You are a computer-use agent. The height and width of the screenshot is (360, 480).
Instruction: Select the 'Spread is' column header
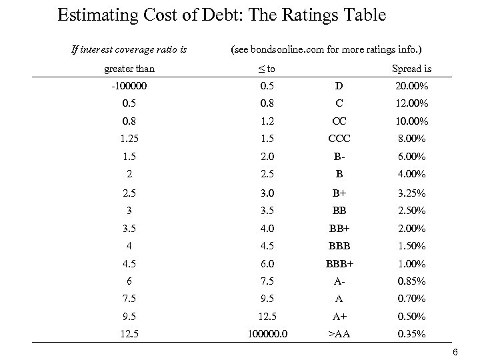(411, 69)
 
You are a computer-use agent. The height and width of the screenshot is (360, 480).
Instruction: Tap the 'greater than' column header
(129, 69)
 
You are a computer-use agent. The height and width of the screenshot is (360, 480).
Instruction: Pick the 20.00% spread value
(411, 86)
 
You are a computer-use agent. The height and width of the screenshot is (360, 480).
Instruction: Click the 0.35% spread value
(411, 334)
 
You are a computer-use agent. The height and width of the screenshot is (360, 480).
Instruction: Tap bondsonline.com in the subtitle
(281, 49)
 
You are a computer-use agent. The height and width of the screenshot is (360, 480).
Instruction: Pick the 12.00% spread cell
(411, 103)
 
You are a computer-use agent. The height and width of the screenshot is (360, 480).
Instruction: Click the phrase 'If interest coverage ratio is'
(129, 49)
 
